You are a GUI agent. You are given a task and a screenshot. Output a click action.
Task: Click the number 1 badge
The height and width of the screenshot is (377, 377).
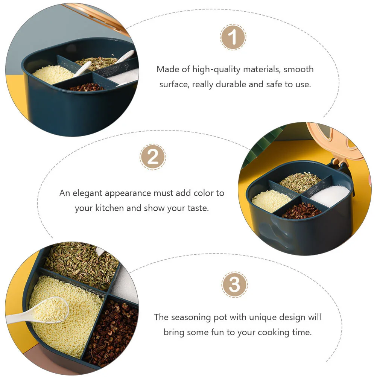click(x=233, y=37)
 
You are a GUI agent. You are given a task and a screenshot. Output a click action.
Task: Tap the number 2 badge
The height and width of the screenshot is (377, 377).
click(x=153, y=157)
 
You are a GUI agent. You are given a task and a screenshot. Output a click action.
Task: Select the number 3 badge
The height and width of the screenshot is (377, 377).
click(x=234, y=285)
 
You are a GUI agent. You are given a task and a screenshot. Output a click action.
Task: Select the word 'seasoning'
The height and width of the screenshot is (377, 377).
click(x=191, y=318)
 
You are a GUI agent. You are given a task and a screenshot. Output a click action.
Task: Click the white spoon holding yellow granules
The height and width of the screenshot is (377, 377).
click(x=38, y=310)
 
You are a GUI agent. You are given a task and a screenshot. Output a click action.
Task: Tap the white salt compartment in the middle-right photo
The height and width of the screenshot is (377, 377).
click(x=330, y=196)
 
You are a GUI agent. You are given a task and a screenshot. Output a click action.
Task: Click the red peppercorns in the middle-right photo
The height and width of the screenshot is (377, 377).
click(x=301, y=211)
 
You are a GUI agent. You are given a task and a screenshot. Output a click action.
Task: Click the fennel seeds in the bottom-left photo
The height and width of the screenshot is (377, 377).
click(x=82, y=265)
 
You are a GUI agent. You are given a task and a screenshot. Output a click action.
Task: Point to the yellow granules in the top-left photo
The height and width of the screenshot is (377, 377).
click(x=53, y=74)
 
